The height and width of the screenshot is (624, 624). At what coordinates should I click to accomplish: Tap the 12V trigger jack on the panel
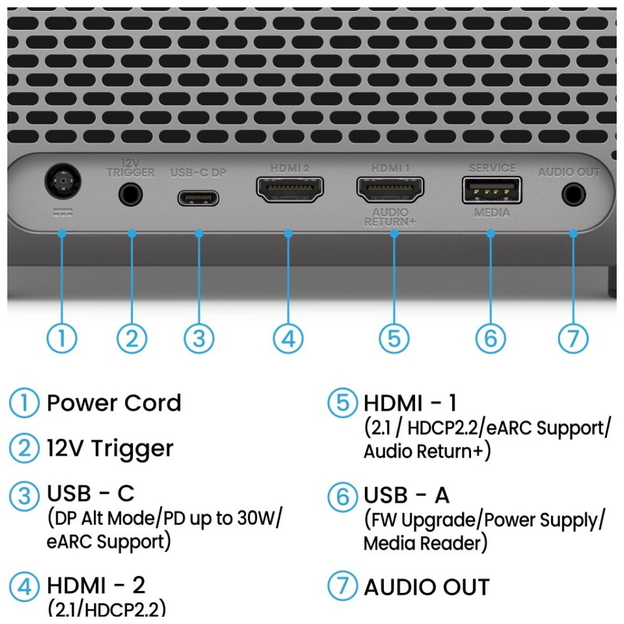[x=131, y=196]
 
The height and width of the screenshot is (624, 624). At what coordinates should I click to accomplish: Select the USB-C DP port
[x=198, y=198]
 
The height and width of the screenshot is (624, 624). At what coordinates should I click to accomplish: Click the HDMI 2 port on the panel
[x=289, y=190]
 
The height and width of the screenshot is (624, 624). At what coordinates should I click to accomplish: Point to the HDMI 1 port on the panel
[x=390, y=190]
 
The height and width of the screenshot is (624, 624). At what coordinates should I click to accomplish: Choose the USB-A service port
[x=491, y=190]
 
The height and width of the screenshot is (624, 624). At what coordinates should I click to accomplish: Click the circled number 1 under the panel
[x=62, y=339]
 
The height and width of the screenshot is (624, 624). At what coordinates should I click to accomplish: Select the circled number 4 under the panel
[x=288, y=339]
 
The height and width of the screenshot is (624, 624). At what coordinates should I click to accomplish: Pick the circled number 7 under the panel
[x=573, y=339]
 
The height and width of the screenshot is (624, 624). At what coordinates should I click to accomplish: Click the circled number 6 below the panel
[x=491, y=339]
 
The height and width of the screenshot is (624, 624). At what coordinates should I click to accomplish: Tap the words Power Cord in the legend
[x=114, y=403]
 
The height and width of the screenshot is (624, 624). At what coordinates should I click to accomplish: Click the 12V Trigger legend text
[x=110, y=449]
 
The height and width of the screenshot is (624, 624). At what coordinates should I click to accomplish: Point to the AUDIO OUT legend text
[x=427, y=587]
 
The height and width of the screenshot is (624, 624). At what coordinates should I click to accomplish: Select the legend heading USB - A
[x=406, y=495]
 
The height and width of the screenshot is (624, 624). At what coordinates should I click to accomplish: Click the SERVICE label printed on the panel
[x=492, y=168]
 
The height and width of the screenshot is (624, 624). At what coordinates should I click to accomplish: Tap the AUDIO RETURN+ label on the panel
[x=390, y=218]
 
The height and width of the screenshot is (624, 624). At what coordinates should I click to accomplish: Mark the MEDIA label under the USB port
[x=492, y=213]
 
